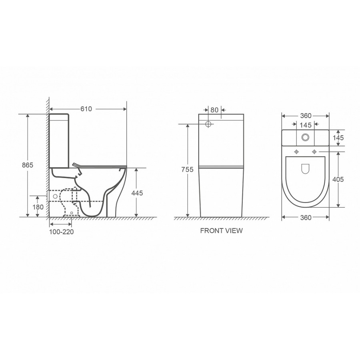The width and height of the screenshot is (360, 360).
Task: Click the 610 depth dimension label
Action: [x=86, y=109]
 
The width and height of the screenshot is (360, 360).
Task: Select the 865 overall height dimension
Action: [x=28, y=165]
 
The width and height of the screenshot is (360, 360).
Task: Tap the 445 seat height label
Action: [x=137, y=193]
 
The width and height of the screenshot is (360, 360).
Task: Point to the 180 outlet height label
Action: [x=38, y=207]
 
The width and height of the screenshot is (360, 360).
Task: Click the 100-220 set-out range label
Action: [x=62, y=232]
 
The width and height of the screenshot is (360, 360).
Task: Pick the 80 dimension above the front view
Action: [x=214, y=110]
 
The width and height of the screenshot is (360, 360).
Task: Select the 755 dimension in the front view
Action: [x=187, y=170]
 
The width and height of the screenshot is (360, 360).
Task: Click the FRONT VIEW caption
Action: [x=221, y=231]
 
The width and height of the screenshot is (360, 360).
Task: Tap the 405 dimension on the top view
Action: [x=338, y=179]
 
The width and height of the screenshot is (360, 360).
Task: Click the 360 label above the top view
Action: [x=306, y=116]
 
